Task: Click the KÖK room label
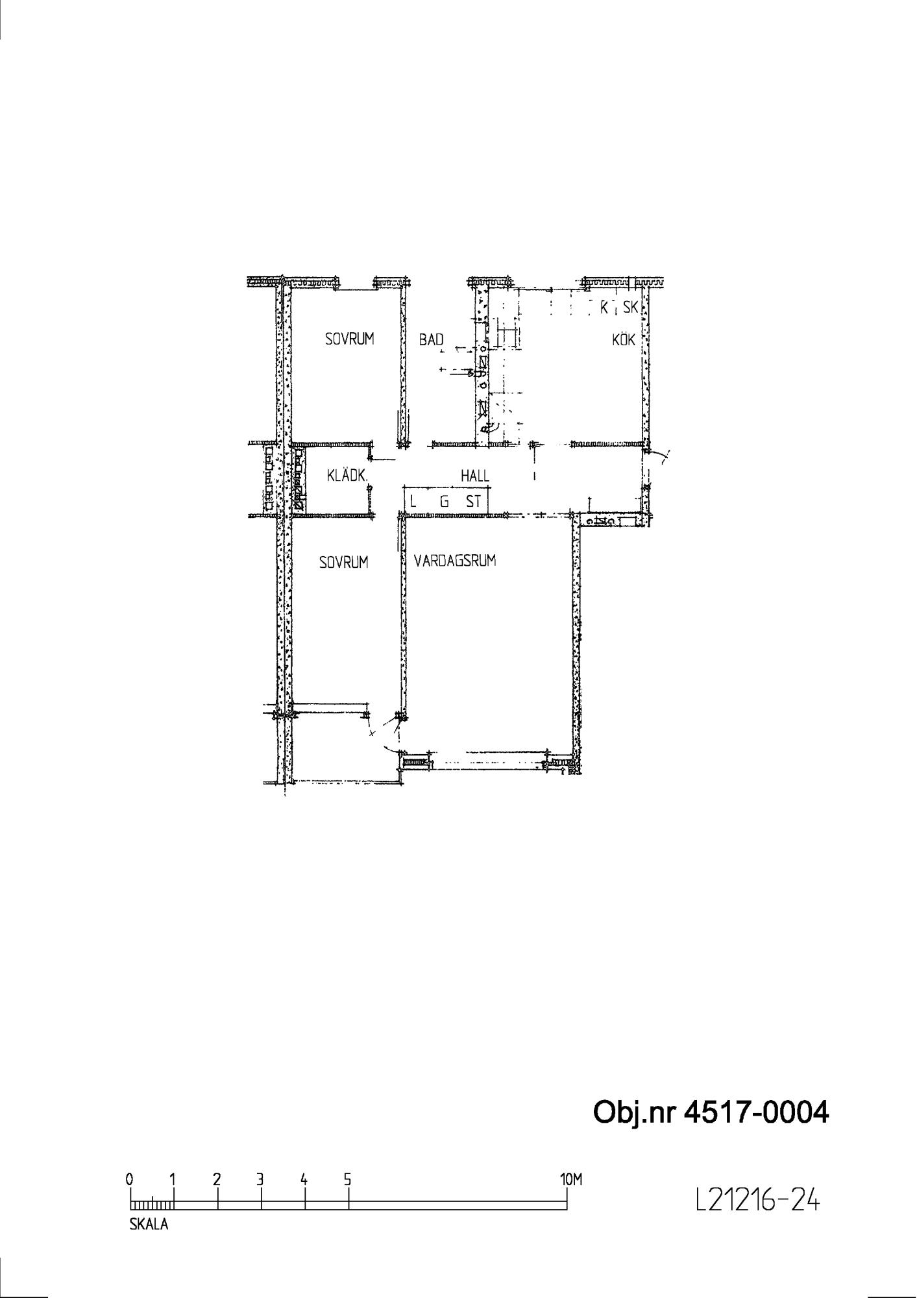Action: (x=623, y=339)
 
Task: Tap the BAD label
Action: (x=431, y=339)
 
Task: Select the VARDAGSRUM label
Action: (x=455, y=561)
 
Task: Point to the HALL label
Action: (x=475, y=476)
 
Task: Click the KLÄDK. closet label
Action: (x=347, y=476)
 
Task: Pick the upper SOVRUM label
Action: (x=350, y=339)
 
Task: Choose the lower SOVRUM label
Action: (x=344, y=562)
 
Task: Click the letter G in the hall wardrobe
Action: (x=445, y=502)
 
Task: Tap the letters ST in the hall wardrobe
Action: (x=474, y=502)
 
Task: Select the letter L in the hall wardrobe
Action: (x=413, y=502)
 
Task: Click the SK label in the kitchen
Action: (x=631, y=308)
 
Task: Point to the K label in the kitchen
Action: (x=604, y=308)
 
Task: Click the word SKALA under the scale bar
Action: (x=149, y=1225)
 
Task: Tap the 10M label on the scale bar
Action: (x=571, y=1179)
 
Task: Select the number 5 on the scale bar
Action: (x=348, y=1179)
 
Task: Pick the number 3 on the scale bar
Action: (x=260, y=1179)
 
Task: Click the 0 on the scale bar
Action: (x=130, y=1179)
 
